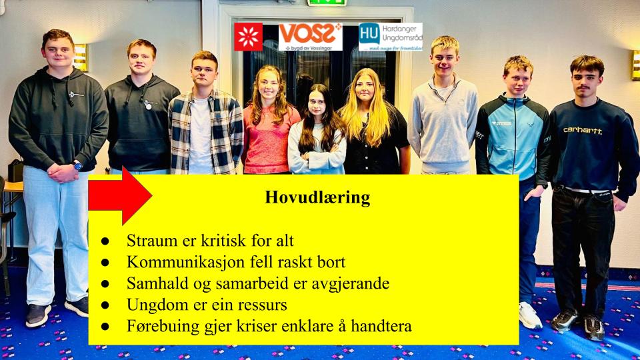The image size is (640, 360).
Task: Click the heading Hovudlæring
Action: [x=317, y=198]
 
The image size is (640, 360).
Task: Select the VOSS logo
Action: [x=310, y=37]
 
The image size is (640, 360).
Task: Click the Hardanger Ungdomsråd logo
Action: [x=390, y=37]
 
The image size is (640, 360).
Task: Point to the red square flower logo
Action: [x=248, y=37]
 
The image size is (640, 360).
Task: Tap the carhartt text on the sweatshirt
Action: [x=582, y=131]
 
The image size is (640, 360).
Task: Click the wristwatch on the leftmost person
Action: [x=77, y=165]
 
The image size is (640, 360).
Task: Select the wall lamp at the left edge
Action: [x=80, y=57]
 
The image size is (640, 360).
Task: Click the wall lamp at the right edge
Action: [x=635, y=65]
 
